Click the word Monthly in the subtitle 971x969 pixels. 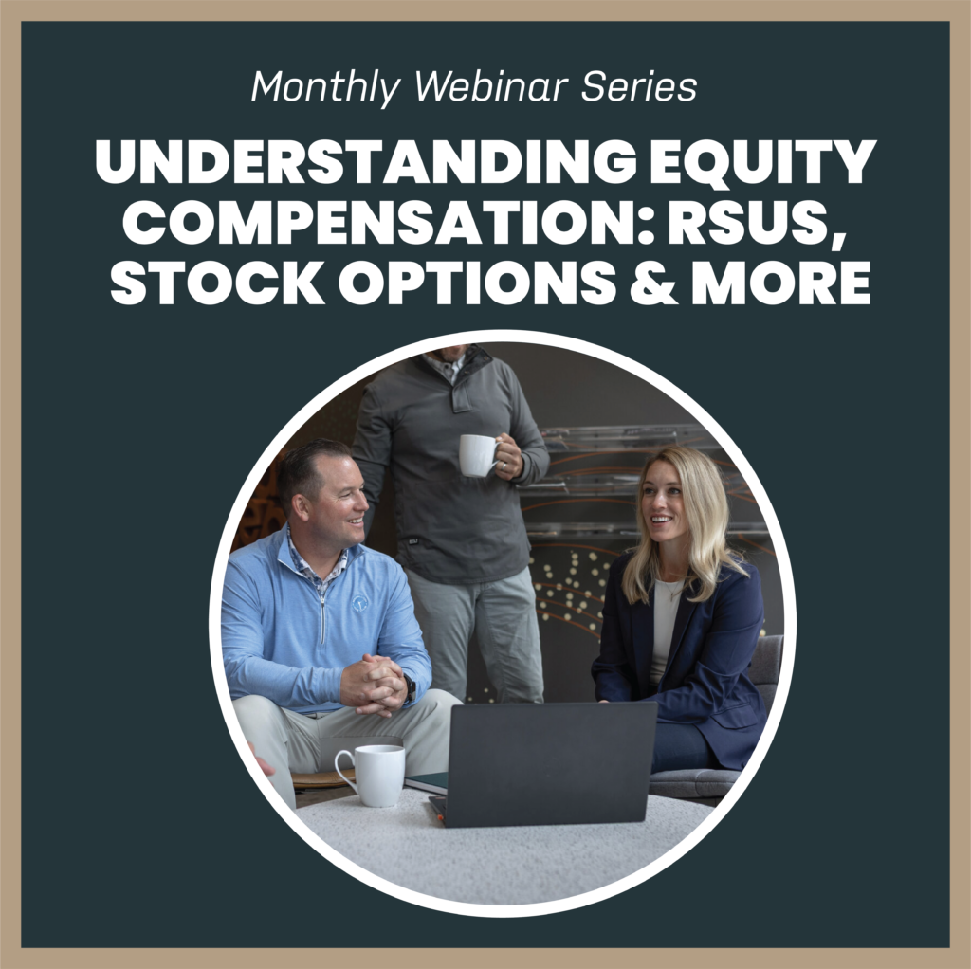pos(326,87)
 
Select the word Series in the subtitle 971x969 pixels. pos(639,86)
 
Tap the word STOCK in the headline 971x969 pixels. pos(217,283)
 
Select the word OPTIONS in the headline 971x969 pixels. pos(477,283)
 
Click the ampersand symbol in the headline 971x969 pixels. pos(652,283)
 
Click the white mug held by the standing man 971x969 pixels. pos(478,455)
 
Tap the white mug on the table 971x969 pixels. pos(371,776)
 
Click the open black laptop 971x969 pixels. pos(543,763)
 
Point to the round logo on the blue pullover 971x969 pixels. pos(360,604)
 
